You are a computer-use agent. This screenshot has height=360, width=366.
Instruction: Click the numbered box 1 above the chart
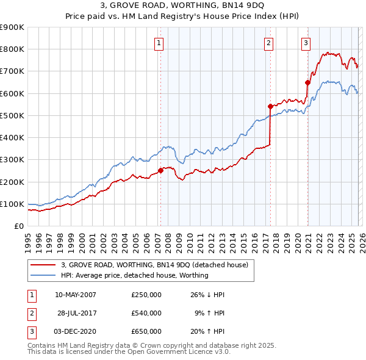click(159, 43)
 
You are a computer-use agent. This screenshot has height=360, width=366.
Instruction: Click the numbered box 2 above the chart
click(268, 43)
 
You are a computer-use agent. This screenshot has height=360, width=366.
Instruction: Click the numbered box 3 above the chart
click(306, 43)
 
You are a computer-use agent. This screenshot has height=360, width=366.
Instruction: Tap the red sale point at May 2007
click(161, 171)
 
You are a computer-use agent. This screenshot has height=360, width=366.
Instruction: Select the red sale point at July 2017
click(270, 106)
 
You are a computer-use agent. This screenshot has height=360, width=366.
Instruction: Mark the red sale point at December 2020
click(307, 82)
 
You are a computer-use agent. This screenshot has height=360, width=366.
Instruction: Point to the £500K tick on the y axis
click(12, 115)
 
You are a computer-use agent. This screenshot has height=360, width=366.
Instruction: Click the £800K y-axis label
click(12, 49)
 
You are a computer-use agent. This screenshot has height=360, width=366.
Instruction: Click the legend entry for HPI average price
click(135, 275)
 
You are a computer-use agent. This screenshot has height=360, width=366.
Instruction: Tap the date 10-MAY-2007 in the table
click(75, 295)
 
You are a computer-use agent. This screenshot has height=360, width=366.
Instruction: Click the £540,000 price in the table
click(146, 313)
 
